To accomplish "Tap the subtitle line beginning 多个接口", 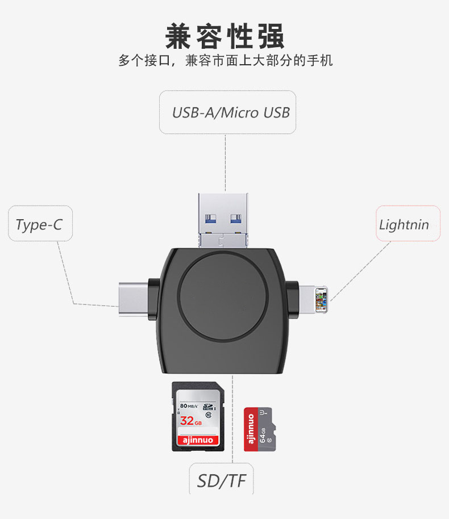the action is click(x=225, y=60).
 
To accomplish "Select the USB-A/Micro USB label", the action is click(x=231, y=112).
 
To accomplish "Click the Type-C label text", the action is click(x=39, y=225).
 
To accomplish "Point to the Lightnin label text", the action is click(x=404, y=225).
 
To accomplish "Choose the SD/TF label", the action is click(x=222, y=482).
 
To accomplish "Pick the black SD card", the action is click(x=198, y=416).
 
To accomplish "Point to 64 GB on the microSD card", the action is click(x=263, y=435).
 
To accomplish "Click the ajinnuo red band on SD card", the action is click(x=198, y=440).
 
